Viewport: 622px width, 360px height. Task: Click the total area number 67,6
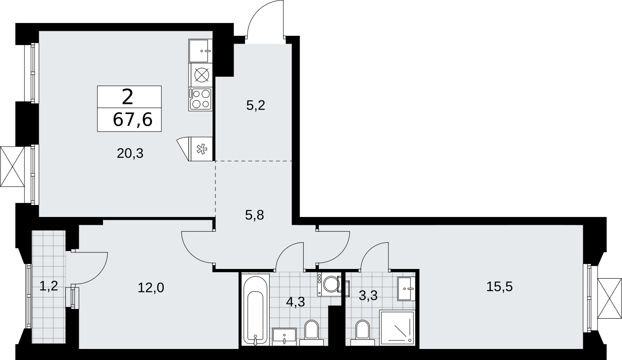[x=133, y=120]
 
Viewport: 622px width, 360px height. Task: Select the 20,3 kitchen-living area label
[x=130, y=154]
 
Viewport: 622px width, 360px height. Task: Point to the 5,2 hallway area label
[x=256, y=106]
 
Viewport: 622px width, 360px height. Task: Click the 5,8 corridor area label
[x=254, y=215]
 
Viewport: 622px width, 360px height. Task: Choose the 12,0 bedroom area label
[x=151, y=288]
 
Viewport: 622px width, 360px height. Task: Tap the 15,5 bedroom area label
[x=499, y=287]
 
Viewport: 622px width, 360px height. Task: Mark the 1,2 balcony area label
[x=49, y=286]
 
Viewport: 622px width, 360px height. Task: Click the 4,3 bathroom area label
[x=295, y=302]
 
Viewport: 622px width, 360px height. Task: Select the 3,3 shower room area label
[x=368, y=296]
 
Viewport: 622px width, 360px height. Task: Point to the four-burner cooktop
[x=201, y=99]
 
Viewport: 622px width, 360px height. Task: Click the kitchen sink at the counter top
[x=200, y=51]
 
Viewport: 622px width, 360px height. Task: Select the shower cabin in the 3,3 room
[x=397, y=328]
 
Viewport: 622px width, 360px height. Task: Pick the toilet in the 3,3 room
[x=363, y=333]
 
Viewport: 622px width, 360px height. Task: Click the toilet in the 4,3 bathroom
[x=311, y=333]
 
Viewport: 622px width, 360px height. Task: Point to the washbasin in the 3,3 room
[x=406, y=289]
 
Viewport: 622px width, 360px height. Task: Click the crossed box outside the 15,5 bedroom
[x=609, y=298]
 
